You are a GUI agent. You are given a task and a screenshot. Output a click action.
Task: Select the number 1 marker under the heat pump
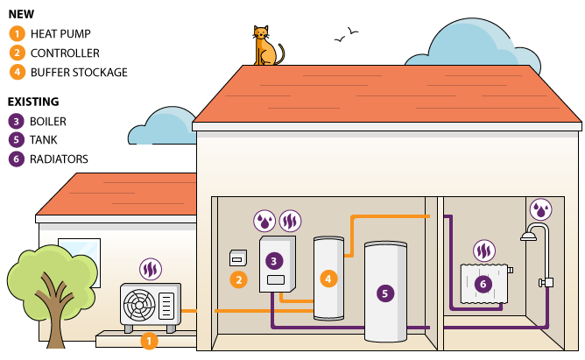coord(149,340)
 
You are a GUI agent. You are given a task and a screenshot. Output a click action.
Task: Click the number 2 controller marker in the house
coord(236,280)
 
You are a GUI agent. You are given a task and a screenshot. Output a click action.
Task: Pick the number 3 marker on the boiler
coord(275,260)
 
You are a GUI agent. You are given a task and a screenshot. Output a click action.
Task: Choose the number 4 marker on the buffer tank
coord(328,279)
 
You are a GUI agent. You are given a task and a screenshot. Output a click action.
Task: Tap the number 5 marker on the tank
coord(384,293)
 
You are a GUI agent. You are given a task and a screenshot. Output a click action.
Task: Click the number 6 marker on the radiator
coord(483,283)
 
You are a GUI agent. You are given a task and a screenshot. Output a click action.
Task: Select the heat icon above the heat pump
coord(149,267)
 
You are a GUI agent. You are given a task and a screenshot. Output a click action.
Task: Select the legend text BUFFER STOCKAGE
coord(79,72)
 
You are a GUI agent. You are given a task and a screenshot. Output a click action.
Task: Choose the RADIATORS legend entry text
coord(59,159)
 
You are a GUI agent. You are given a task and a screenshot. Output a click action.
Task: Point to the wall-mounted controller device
coord(236,258)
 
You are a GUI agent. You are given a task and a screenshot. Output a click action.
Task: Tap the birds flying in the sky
coord(346,35)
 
